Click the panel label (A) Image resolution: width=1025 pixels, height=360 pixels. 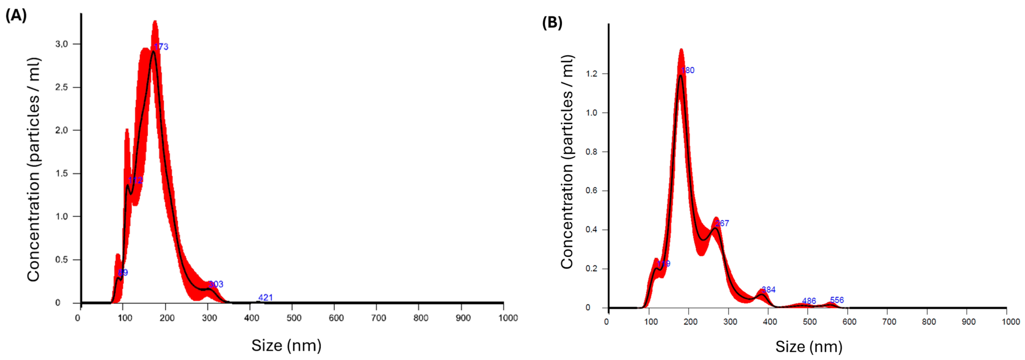pos(16,16)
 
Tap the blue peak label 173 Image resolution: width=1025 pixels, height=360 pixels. pos(161,47)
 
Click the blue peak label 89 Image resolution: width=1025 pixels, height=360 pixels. pos(123,273)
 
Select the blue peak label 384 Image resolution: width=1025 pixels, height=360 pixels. pos(768,290)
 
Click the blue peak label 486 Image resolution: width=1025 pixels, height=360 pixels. pos(809,301)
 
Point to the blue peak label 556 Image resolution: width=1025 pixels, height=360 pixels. pos(837,300)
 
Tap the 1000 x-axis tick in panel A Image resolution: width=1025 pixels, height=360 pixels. pos(508,318)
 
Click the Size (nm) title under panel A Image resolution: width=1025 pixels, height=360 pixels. pos(286,345)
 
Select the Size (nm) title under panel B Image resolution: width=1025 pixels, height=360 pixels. pos(809,347)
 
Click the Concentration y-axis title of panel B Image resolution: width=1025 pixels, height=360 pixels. pos(567,162)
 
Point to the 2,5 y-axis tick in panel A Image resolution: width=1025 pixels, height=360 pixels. pos(62,87)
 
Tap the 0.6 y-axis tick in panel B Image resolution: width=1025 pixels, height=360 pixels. pos(592,191)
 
